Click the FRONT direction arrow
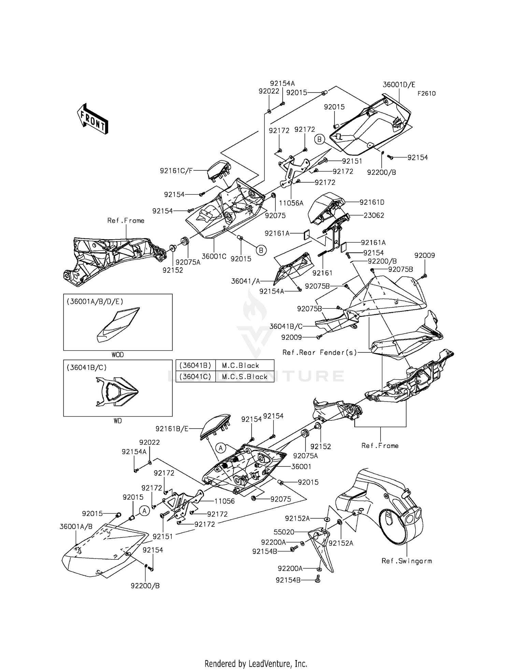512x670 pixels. pos(93,119)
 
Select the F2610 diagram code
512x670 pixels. pos(426,94)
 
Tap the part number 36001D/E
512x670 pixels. pos(399,85)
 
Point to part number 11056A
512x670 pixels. pos(291,203)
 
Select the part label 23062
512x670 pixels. pos(374,215)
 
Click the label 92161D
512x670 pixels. pos(372,202)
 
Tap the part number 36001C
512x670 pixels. pos(214,256)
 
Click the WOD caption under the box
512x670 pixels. pos(118,355)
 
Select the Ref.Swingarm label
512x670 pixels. pos(407,561)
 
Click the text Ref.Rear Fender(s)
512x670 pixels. pos(319,352)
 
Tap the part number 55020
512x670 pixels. pos(284,532)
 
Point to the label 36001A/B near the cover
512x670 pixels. pos(76,527)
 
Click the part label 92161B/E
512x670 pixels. pos(172,429)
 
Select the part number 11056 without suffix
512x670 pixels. pos(224,501)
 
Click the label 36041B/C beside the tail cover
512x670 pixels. pos(286,326)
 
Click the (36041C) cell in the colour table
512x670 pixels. pos(196,377)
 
